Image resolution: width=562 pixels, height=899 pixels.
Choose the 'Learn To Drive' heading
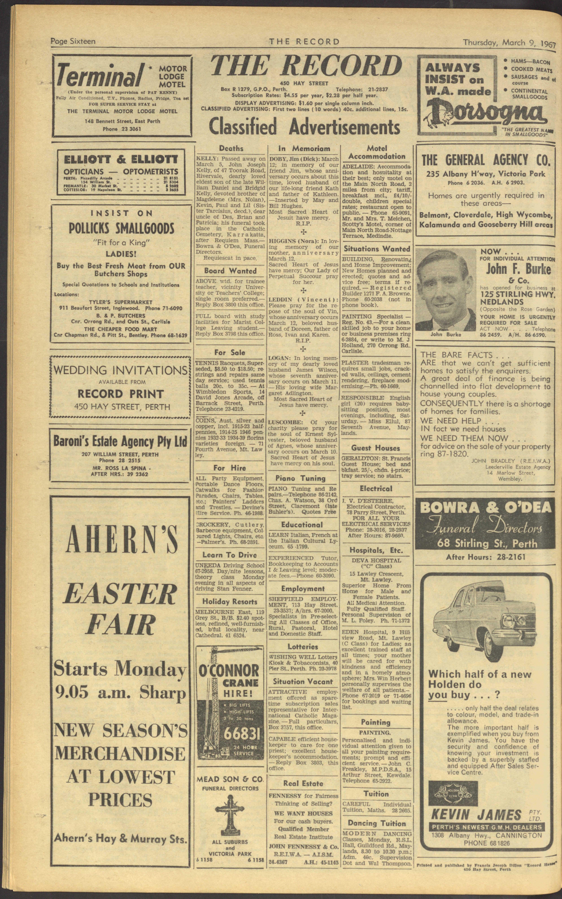click(x=229, y=555)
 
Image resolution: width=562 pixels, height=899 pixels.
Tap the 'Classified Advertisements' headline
click(x=304, y=127)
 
